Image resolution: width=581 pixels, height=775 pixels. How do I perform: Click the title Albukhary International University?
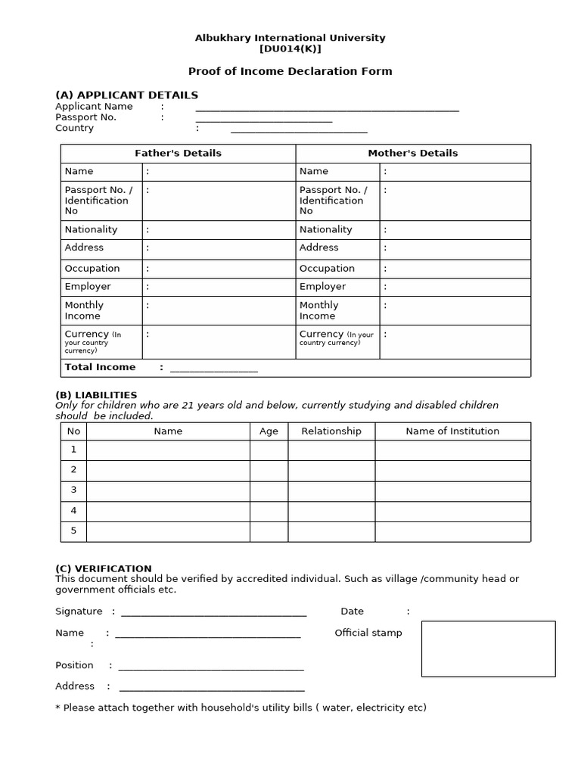(290, 38)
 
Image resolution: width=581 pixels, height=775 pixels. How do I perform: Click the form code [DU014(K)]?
(290, 49)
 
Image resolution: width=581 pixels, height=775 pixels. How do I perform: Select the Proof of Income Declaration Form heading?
(290, 72)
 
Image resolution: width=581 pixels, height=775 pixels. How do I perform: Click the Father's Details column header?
(178, 154)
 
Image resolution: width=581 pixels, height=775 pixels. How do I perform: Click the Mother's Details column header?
(412, 154)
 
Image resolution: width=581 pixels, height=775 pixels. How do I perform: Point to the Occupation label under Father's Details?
(92, 269)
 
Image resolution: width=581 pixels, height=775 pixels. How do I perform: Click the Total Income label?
(100, 367)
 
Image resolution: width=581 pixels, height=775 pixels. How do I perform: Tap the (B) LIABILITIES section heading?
(96, 395)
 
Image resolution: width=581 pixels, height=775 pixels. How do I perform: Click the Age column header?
(269, 431)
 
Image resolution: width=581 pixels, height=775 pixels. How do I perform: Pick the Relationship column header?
(331, 431)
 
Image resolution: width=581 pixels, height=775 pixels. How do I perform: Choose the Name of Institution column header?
(452, 431)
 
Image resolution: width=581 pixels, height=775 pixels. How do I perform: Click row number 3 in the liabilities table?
(74, 490)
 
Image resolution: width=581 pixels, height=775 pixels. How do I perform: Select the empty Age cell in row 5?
(269, 531)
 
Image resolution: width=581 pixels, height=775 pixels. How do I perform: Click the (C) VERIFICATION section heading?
(104, 568)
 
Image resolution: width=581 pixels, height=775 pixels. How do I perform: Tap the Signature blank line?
(213, 613)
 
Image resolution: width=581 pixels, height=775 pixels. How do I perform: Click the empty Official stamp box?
(488, 649)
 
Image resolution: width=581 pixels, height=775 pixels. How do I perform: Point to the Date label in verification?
(352, 612)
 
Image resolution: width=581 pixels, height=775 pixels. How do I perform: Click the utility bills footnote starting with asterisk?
(241, 708)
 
